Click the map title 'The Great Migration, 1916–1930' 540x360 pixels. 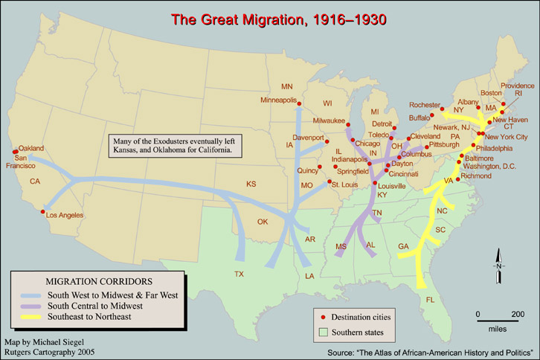point(280,18)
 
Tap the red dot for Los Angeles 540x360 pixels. point(42,212)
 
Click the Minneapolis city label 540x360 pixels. point(278,100)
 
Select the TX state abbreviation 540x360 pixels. point(239,274)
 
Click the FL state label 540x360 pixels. point(429,300)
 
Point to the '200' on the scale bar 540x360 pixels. point(517,313)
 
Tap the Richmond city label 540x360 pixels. point(476,176)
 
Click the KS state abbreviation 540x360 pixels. point(251,183)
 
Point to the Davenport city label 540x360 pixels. point(308,138)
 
